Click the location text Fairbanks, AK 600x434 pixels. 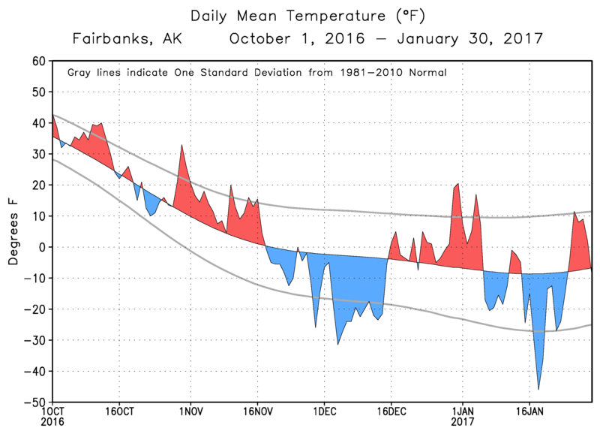[x=127, y=38]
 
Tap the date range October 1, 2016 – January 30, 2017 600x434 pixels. [x=385, y=38]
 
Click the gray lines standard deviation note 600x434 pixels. [x=257, y=73]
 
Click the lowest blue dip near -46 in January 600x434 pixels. [x=538, y=388]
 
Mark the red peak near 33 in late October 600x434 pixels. [x=181, y=146]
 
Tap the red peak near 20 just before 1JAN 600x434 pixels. [x=457, y=185]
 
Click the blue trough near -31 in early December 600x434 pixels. [x=337, y=344]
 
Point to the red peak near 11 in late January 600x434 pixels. [x=574, y=213]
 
